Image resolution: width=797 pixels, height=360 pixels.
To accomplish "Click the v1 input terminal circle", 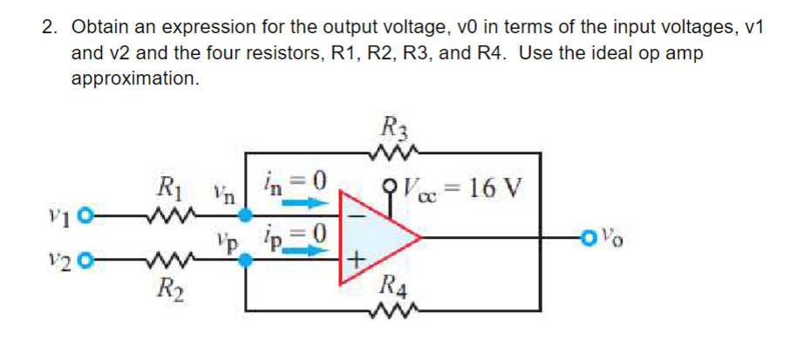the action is click(88, 216).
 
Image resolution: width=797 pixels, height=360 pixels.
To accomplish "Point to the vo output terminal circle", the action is click(589, 237).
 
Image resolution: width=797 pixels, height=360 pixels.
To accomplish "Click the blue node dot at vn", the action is click(246, 216).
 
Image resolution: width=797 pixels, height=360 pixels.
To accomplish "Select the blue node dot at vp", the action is click(246, 261).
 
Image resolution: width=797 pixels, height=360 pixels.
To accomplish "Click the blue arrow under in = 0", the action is click(303, 204).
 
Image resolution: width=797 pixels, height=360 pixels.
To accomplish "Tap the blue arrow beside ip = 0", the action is click(303, 249).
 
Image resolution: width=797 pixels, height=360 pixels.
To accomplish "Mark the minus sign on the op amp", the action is click(358, 216).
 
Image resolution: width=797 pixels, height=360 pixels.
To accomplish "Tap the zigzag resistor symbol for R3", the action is click(394, 152).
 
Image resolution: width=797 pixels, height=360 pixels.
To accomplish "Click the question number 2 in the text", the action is click(48, 28).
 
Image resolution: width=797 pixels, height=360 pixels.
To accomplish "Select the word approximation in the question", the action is click(134, 78).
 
